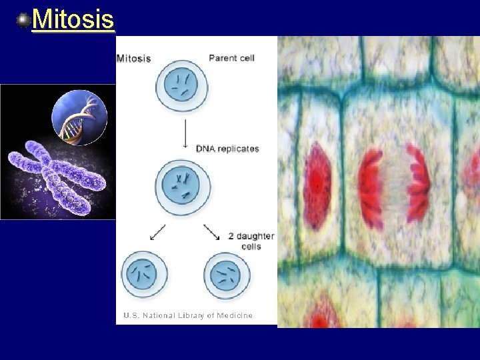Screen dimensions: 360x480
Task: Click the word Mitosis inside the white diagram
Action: click(134, 58)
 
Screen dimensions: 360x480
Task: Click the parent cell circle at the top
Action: click(182, 86)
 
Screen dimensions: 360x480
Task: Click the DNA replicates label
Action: click(227, 148)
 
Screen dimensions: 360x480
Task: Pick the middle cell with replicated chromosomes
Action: click(182, 187)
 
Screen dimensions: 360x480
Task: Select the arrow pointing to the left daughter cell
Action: click(158, 232)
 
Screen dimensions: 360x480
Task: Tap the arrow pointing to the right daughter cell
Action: click(211, 232)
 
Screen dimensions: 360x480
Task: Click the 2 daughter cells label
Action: click(251, 241)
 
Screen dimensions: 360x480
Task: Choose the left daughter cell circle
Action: click(144, 274)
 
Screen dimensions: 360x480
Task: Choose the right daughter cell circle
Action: click(227, 275)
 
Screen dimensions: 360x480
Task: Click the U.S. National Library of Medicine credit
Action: click(188, 315)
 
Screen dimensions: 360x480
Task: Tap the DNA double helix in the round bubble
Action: click(79, 117)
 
